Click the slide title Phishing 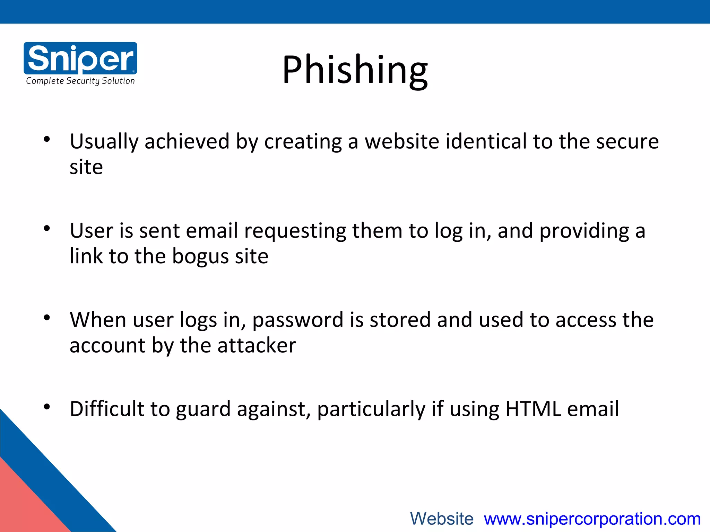(x=355, y=70)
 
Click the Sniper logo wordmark (x=80, y=58)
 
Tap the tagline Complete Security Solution (x=80, y=81)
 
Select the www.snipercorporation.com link (x=592, y=519)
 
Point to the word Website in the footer (x=442, y=519)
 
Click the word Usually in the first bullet (x=104, y=142)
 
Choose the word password (x=297, y=320)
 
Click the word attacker (x=257, y=346)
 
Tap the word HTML (x=533, y=409)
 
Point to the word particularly (x=371, y=409)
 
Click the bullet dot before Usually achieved (x=47, y=140)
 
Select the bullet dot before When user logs (x=47, y=318)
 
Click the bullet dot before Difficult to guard (x=47, y=407)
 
